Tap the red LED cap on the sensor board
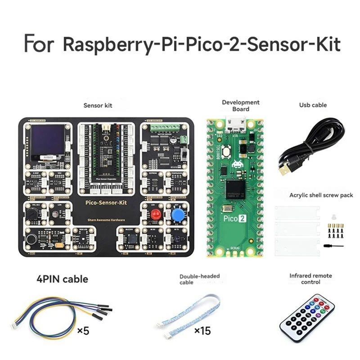(x=154, y=214)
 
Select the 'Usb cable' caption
(x=313, y=105)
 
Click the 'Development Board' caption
(x=241, y=105)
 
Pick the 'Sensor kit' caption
(x=98, y=105)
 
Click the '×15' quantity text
(x=202, y=331)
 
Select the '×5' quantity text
(x=83, y=331)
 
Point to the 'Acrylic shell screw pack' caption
(x=321, y=195)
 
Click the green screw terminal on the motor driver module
(x=164, y=128)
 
